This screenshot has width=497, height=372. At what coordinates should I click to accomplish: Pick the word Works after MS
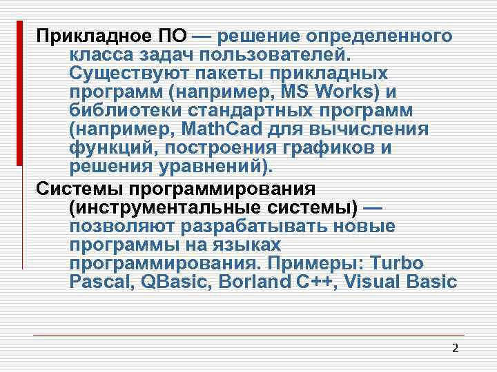[342, 92]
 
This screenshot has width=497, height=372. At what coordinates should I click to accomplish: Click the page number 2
[454, 347]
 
